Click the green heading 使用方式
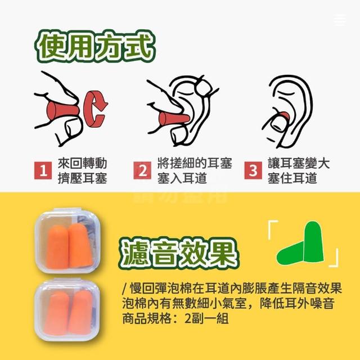click(x=95, y=47)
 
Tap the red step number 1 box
click(x=43, y=170)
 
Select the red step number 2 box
click(x=142, y=170)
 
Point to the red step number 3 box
click(x=253, y=170)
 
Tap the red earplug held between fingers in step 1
click(x=62, y=111)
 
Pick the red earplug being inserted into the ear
click(x=174, y=119)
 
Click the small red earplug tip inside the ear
click(x=285, y=116)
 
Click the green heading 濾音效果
click(x=179, y=253)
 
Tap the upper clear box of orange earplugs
click(x=68, y=241)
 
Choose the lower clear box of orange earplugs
click(x=67, y=310)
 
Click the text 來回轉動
click(x=83, y=163)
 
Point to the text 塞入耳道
click(x=182, y=178)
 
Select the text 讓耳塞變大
click(x=299, y=163)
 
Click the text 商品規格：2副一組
click(x=175, y=318)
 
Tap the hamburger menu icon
click(x=340, y=20)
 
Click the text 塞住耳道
click(x=292, y=178)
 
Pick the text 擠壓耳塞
click(x=83, y=178)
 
